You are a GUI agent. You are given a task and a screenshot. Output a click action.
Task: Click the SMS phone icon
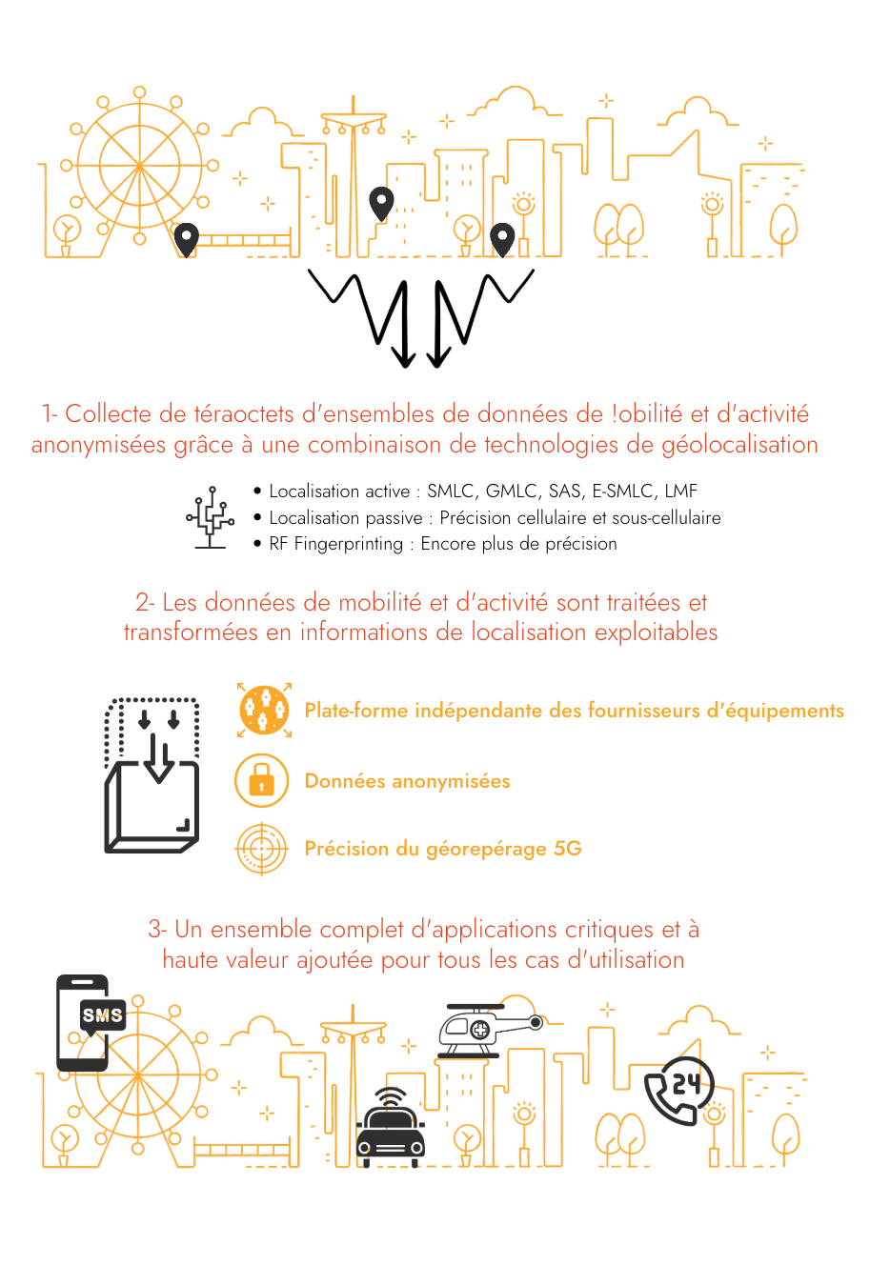coord(91,1023)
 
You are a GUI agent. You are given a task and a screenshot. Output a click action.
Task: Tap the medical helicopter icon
coord(490,1031)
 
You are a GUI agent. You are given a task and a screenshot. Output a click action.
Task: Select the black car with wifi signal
coord(391,1126)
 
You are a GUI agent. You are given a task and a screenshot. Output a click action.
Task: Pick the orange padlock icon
coord(262,780)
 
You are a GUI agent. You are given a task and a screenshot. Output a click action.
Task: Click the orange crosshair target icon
coord(262,848)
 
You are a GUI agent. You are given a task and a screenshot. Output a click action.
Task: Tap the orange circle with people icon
coord(264,710)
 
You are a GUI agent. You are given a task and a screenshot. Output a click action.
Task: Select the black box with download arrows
coord(152,775)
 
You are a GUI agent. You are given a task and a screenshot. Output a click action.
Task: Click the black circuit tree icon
coord(211,517)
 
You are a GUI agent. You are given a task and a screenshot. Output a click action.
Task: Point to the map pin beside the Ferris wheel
coord(186,239)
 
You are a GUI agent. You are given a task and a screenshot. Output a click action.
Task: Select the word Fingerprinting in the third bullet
coord(349,543)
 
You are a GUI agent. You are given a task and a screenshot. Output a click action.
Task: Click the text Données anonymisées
coord(408,781)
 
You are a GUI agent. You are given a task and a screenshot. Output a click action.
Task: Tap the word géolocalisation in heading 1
coord(739,445)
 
